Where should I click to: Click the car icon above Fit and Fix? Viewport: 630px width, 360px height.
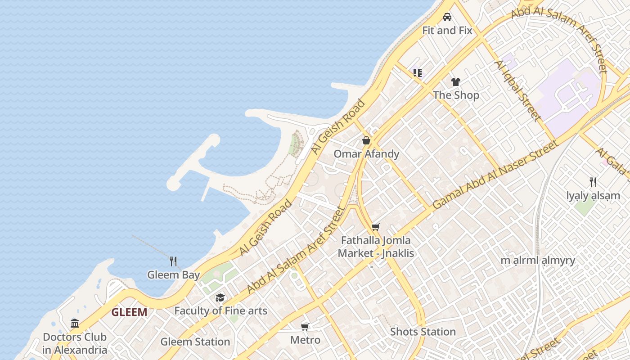tap(447, 17)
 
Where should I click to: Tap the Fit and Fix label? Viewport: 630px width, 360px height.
tap(447, 31)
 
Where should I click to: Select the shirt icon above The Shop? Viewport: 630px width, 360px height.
tap(456, 82)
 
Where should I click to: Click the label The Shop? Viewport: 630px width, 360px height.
tap(456, 95)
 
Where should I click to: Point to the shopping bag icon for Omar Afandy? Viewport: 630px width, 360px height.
tap(366, 140)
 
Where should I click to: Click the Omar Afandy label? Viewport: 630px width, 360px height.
tap(366, 154)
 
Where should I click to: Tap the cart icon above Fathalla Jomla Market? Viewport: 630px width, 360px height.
tap(376, 227)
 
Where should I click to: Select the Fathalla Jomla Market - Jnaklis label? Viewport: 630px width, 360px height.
tap(376, 247)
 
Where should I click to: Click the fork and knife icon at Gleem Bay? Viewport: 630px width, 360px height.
tap(173, 261)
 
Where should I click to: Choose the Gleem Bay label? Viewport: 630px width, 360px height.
tap(173, 274)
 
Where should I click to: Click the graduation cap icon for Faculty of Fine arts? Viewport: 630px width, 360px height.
tap(220, 297)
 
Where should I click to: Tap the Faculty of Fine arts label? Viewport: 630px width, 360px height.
tap(220, 311)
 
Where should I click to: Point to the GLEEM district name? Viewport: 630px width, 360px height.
tap(129, 312)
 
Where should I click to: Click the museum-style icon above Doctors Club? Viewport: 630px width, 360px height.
tap(75, 323)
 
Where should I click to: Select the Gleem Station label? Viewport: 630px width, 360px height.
tap(195, 342)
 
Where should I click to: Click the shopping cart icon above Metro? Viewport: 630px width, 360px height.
tap(305, 326)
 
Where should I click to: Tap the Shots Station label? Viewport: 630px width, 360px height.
tap(423, 332)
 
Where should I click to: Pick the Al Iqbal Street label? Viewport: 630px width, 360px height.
tap(517, 90)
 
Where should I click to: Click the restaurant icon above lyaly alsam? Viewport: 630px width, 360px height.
tap(593, 182)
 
